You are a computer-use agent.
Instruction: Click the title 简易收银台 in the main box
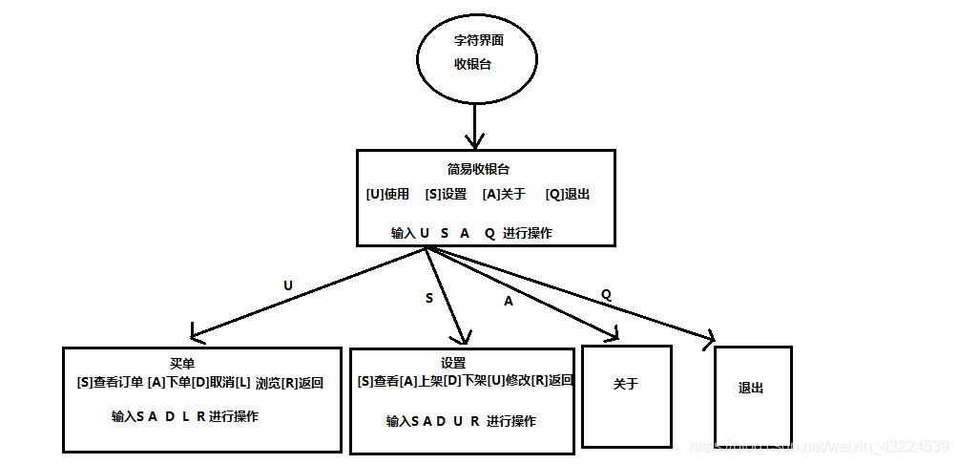click(x=478, y=169)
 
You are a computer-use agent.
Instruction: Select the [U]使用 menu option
click(x=387, y=194)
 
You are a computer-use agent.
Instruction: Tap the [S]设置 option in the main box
click(x=446, y=194)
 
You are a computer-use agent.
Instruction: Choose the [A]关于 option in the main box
click(x=504, y=194)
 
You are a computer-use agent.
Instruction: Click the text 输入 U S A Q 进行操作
click(x=470, y=233)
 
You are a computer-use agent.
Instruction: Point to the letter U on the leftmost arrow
click(x=288, y=285)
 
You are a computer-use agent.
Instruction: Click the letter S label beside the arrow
click(x=428, y=298)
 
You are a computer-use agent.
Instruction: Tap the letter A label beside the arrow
click(x=508, y=301)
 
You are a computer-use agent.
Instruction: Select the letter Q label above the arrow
click(x=606, y=294)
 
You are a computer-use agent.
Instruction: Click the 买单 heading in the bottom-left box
click(x=182, y=364)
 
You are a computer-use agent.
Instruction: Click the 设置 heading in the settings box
click(x=453, y=364)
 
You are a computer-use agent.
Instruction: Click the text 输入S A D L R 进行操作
click(x=184, y=416)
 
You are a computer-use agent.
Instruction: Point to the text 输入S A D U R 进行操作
click(x=461, y=421)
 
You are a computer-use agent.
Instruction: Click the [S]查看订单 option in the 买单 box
click(x=111, y=383)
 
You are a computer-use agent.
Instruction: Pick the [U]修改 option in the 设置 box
click(x=509, y=380)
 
